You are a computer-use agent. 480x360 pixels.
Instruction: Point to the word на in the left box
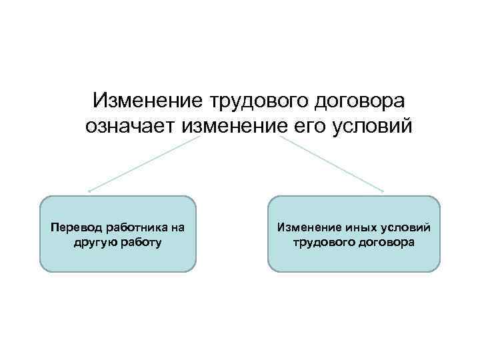click(177, 227)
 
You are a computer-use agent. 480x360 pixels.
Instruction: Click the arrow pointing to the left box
click(143, 164)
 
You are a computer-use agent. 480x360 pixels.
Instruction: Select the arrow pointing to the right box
click(332, 164)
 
